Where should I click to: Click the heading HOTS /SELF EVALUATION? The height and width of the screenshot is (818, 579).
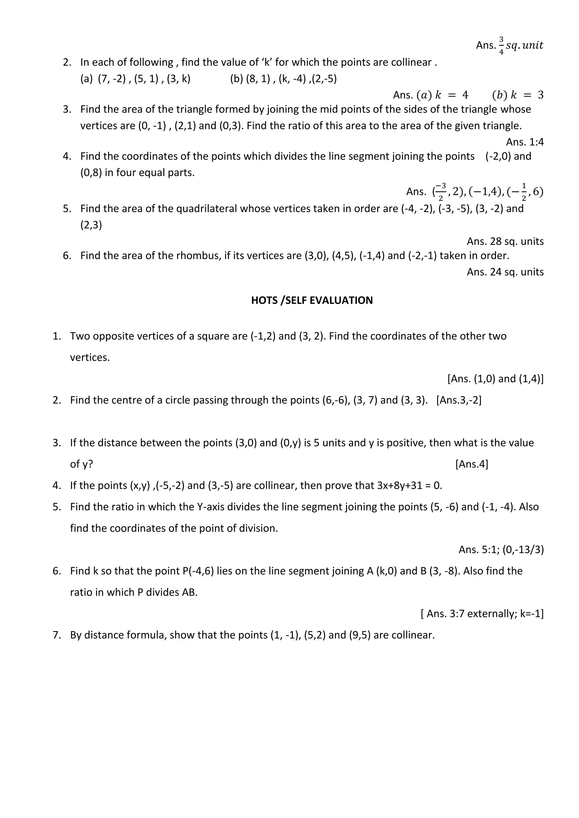coord(312,300)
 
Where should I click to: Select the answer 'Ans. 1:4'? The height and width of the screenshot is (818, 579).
coord(524,142)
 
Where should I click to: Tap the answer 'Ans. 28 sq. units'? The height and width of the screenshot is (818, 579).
coord(505,242)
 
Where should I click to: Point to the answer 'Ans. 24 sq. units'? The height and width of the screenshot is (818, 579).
coord(505,272)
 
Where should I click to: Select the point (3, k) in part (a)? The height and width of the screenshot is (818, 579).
coord(178,79)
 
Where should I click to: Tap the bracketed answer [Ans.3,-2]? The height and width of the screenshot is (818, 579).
coord(459,400)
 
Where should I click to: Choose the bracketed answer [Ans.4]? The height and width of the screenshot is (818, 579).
coord(471,464)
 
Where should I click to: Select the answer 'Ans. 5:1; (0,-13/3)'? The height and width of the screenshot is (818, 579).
coord(501,550)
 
